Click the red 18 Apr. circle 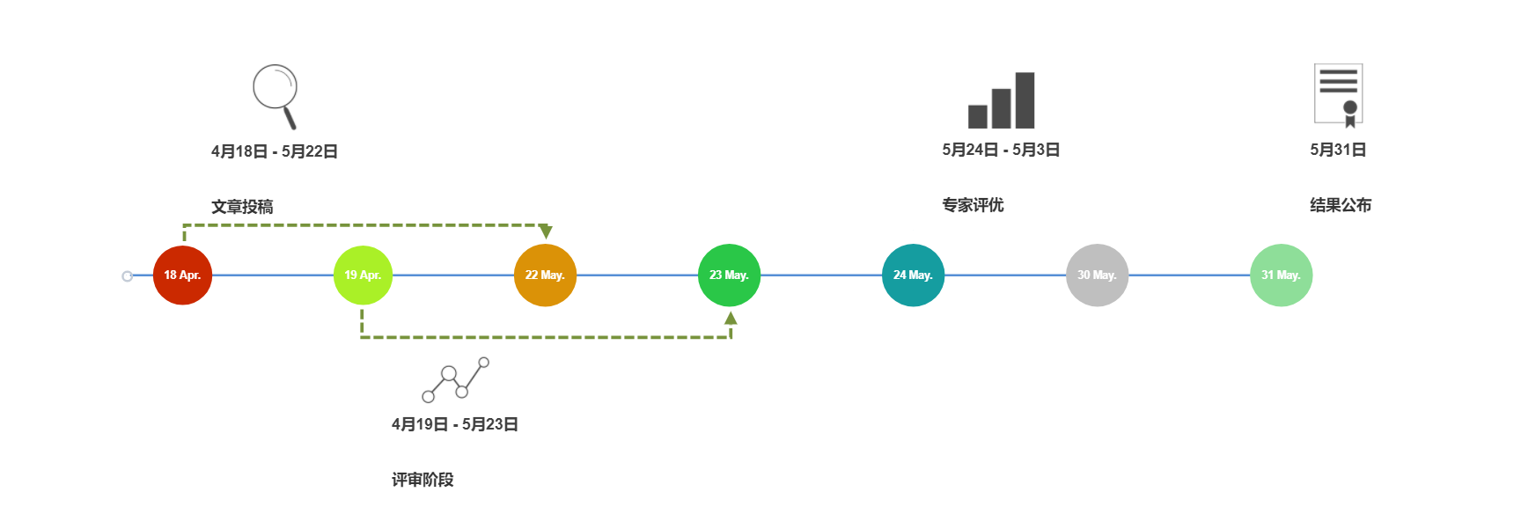click(x=182, y=275)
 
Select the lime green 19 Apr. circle click(x=363, y=275)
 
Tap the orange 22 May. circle click(x=545, y=275)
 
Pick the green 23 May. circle click(x=729, y=275)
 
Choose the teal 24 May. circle click(x=913, y=275)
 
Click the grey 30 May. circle click(x=1097, y=275)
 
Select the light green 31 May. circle click(x=1281, y=275)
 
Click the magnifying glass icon click(x=276, y=95)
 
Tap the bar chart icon click(x=1001, y=100)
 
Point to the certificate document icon click(x=1338, y=95)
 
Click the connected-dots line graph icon click(x=455, y=379)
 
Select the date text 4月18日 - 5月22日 click(x=275, y=151)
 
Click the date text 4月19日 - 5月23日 click(x=455, y=424)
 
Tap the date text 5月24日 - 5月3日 click(x=1001, y=150)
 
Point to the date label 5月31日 click(x=1338, y=150)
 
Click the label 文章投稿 click(x=242, y=207)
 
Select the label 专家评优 click(x=973, y=205)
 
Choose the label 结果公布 click(x=1341, y=205)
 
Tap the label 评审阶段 click(x=422, y=480)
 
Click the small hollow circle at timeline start click(x=128, y=276)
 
